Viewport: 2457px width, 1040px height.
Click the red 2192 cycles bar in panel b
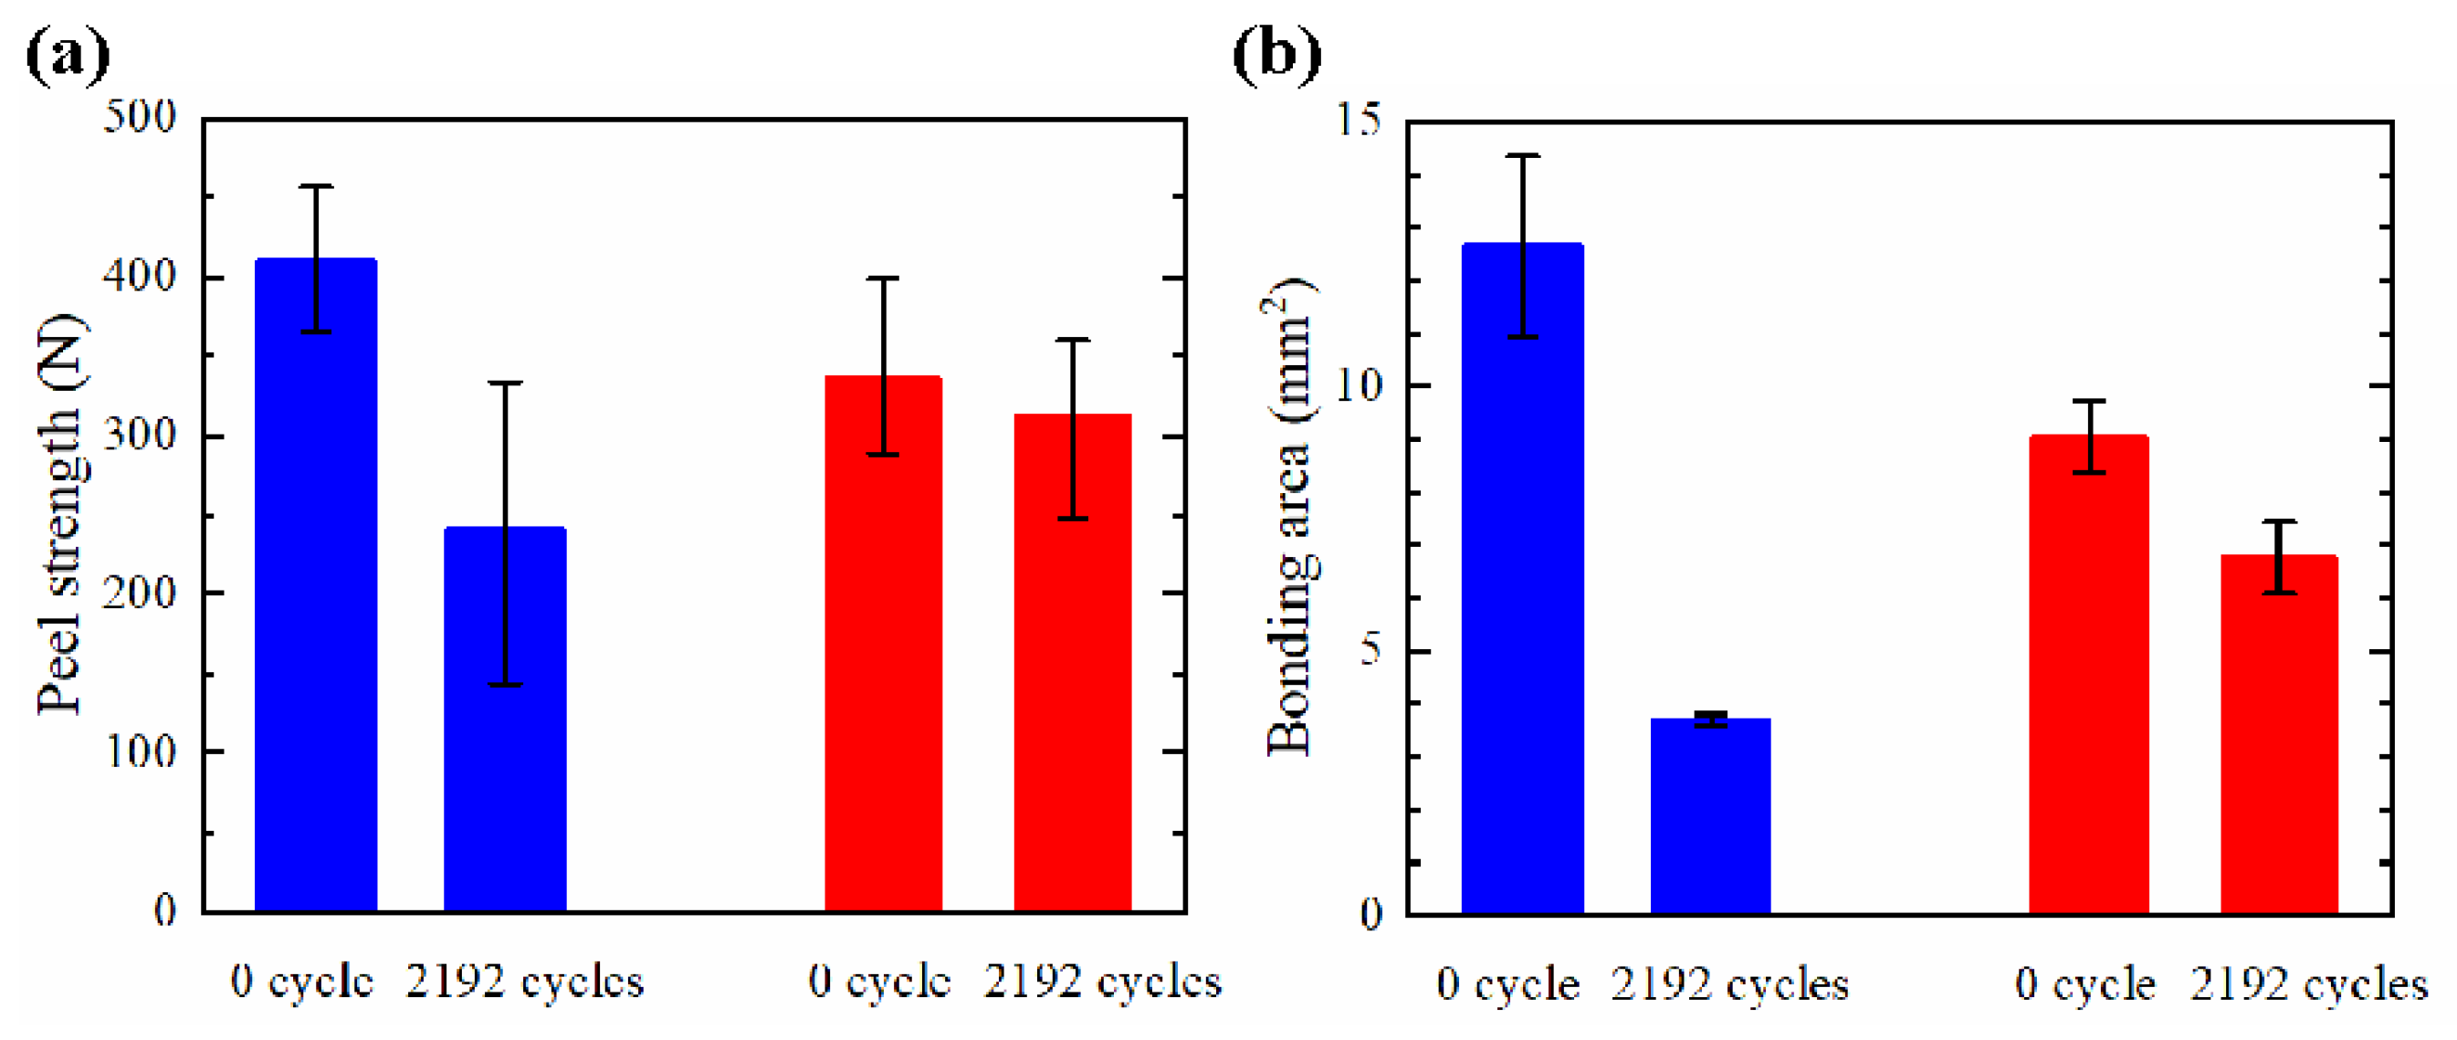2279,734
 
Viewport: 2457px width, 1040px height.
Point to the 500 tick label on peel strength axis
140,118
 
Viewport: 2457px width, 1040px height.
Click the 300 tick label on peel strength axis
140,435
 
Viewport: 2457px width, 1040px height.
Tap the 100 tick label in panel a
140,751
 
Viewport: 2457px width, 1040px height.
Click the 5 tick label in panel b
1370,651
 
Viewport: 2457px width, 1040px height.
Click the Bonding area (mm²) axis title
1289,515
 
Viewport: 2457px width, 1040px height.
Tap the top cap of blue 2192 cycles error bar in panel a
505,383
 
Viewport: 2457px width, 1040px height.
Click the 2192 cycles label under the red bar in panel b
2308,984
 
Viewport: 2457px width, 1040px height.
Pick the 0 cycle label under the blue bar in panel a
301,982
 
